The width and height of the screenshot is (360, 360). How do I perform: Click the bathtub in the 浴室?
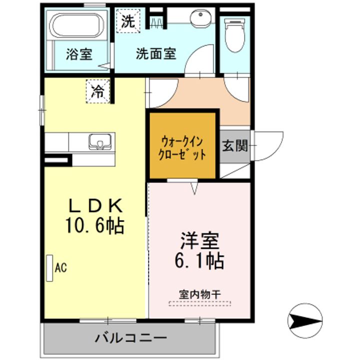coord(76,25)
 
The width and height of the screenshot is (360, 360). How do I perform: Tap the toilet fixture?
coord(234,34)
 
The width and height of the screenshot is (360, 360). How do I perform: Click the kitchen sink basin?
coord(100,141)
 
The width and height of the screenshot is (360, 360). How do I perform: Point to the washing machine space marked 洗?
coord(128,20)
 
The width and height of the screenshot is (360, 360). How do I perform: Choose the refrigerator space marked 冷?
coord(98,91)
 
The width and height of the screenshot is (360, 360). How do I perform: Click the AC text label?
coord(61,267)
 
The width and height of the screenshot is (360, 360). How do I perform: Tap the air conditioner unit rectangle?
coord(49,268)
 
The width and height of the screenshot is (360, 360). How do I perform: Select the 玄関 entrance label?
coord(234,145)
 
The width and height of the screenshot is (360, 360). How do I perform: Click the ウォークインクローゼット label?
coord(182,148)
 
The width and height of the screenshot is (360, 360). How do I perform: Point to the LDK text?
coord(95,205)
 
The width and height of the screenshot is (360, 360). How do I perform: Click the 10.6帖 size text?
coord(95,225)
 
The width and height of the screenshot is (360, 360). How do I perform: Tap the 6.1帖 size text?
coord(199,260)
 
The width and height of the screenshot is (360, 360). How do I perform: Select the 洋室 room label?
coord(199,240)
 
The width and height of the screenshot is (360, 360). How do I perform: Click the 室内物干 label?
coord(200,294)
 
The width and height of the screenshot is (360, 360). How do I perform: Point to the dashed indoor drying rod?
coord(199,304)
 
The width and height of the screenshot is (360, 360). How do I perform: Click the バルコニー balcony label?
coord(131,338)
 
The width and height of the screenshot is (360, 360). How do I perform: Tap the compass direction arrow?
coord(305,320)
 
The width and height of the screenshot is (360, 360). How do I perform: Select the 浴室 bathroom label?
coord(79,54)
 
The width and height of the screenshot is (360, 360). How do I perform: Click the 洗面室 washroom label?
coord(156,53)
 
